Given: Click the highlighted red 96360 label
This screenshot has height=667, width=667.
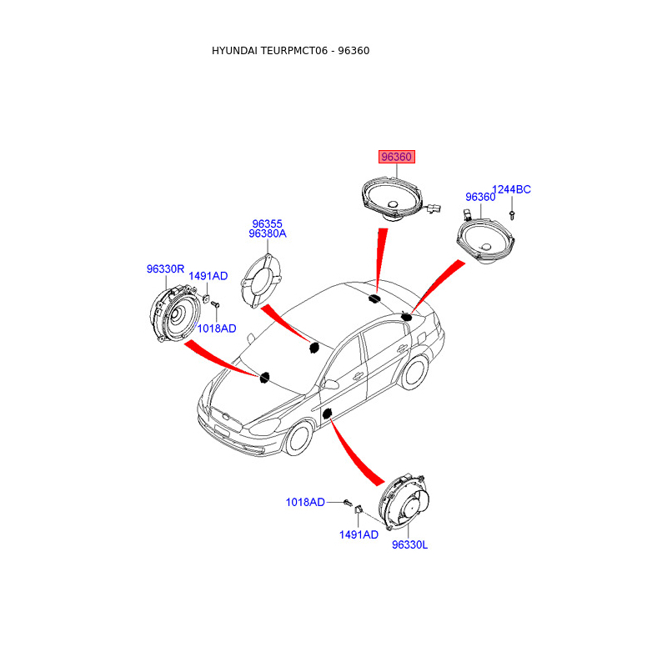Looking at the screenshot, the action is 397,157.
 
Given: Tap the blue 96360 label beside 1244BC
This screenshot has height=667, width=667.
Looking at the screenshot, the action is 480,197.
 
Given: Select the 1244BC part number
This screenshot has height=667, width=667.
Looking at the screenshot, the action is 511,189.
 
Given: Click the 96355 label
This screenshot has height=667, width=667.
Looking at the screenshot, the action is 267,223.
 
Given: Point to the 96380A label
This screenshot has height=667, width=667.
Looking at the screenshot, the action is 268,233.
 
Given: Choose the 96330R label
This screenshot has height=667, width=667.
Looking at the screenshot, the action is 165,268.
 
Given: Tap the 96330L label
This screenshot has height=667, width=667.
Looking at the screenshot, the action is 409,545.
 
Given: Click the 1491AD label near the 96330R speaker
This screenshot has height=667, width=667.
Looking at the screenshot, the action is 208,276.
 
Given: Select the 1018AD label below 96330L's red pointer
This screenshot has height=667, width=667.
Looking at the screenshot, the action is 305,503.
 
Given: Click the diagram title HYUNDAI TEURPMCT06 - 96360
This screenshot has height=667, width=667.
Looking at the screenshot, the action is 290,51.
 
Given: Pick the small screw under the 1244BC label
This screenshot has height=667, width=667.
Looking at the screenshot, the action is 512,215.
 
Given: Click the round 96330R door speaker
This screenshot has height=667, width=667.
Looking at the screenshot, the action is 175,314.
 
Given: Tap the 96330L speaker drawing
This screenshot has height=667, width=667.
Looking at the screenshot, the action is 404,502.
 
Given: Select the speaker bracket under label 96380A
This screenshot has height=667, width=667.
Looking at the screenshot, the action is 261,281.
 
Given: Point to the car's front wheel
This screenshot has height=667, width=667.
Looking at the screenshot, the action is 299,438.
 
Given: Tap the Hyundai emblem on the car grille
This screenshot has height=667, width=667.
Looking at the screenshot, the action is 225,417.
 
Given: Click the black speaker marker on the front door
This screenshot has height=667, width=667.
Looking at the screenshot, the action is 327,413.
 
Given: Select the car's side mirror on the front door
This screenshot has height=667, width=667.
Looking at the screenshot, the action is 330,384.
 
